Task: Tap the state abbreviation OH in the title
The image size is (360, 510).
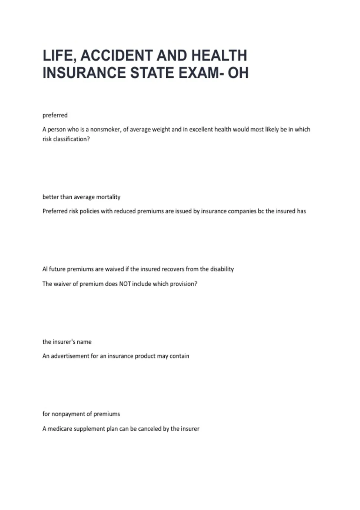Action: tap(238, 73)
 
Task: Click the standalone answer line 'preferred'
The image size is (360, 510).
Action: tap(55, 115)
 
